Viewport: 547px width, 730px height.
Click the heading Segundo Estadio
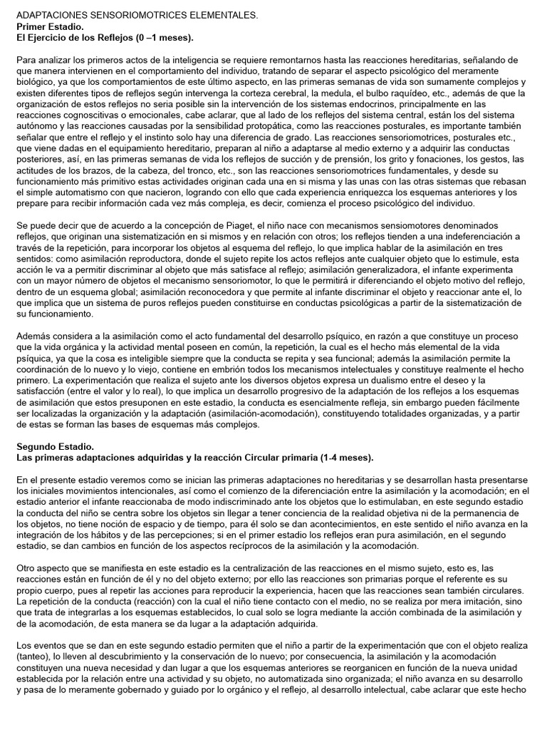[x=51, y=446]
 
